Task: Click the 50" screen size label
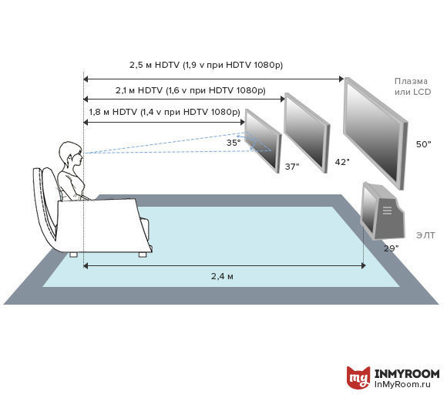pyautogui.click(x=424, y=144)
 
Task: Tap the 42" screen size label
pyautogui.click(x=342, y=162)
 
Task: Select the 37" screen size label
pyautogui.click(x=292, y=167)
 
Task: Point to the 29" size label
pyautogui.click(x=392, y=248)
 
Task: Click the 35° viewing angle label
pyautogui.click(x=234, y=143)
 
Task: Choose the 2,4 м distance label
pyautogui.click(x=222, y=276)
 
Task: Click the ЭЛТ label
pyautogui.click(x=425, y=235)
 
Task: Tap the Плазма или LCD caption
pyautogui.click(x=412, y=86)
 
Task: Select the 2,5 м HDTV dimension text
pyautogui.click(x=206, y=65)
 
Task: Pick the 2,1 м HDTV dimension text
pyautogui.click(x=190, y=90)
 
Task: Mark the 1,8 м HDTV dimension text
pyautogui.click(x=164, y=112)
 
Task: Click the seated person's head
pyautogui.click(x=71, y=155)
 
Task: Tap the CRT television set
pyautogui.click(x=382, y=211)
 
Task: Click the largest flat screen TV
pyautogui.click(x=376, y=133)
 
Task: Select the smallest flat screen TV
pyautogui.click(x=263, y=140)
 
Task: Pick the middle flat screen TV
pyautogui.click(x=307, y=133)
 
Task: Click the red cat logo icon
pyautogui.click(x=358, y=377)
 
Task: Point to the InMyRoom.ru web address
pyautogui.click(x=402, y=384)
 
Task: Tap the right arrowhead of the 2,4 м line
pyautogui.click(x=364, y=266)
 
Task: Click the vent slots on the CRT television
pyautogui.click(x=387, y=211)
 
